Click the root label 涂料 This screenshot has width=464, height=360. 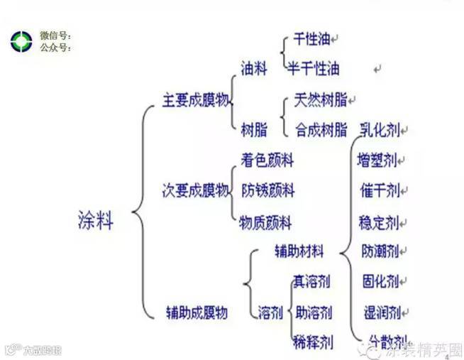click(94, 220)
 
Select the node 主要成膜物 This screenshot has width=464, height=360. click(196, 100)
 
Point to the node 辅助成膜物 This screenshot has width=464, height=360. click(197, 312)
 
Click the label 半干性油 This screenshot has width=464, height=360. click(314, 69)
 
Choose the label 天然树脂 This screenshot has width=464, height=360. click(321, 100)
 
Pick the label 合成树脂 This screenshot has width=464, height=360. click(321, 129)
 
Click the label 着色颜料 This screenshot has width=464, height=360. click(267, 160)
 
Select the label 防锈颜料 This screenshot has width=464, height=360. click(267, 190)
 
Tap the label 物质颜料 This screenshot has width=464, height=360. click(266, 222)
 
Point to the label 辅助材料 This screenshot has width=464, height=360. click(299, 251)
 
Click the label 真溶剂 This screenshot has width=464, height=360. click(311, 281)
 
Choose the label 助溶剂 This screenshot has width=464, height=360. click(311, 312)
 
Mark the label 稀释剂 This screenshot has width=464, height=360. click(311, 342)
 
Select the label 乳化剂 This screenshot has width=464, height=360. click(380, 129)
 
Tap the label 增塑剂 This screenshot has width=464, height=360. click(378, 160)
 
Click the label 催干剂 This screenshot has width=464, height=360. click(380, 190)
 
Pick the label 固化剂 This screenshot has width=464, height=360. click(380, 281)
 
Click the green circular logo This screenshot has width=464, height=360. click(21, 40)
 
